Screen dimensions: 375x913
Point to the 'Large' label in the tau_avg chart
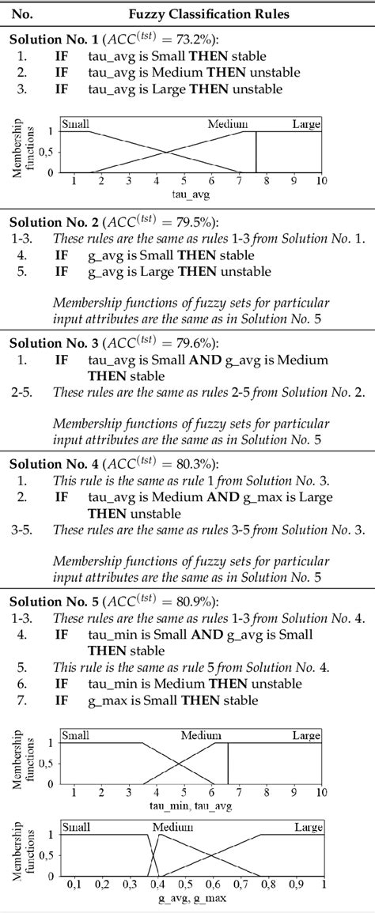point(306,124)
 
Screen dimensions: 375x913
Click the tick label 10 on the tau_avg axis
point(320,182)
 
